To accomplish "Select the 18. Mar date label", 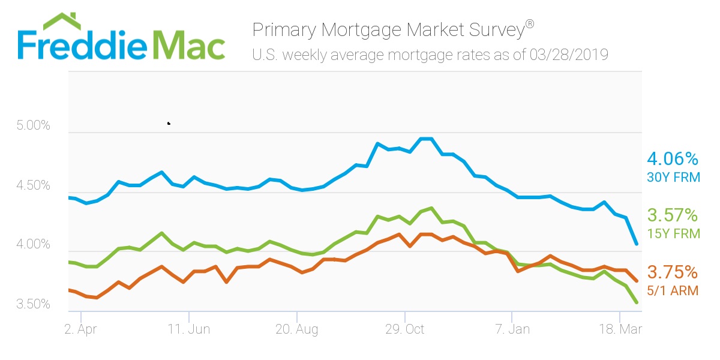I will (620, 329).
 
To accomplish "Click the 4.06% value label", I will (673, 159).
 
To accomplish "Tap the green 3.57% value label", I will (673, 215).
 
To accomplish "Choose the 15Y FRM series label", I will (673, 234).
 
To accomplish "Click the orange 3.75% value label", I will (673, 272).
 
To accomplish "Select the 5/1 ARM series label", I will (673, 291).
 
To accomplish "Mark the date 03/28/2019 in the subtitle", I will (569, 56).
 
